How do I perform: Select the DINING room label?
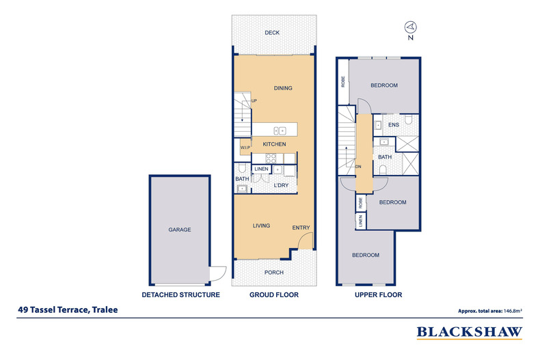[283, 88]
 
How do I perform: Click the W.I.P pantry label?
[245, 148]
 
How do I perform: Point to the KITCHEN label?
[274, 144]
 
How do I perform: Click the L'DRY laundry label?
[282, 186]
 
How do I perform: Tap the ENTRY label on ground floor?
[300, 227]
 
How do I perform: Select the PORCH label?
[273, 273]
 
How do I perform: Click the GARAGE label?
[180, 230]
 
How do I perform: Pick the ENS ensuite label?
[394, 125]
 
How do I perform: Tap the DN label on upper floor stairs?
[357, 166]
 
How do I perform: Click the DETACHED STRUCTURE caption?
[180, 295]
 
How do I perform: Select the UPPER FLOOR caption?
[378, 295]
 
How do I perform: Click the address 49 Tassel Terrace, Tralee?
[68, 310]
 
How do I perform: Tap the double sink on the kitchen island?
[280, 130]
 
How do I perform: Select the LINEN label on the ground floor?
[262, 169]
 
